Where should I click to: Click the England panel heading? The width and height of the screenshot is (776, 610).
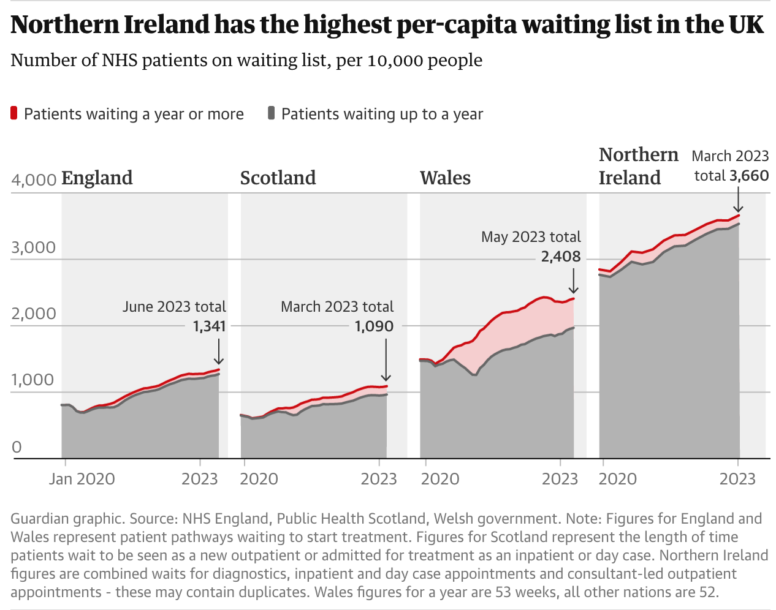97,178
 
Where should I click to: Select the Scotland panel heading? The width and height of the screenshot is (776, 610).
278,178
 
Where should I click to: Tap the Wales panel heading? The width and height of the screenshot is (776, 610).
445,178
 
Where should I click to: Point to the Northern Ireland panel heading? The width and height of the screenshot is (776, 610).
638,166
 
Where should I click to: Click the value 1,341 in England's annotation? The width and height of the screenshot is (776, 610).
209,326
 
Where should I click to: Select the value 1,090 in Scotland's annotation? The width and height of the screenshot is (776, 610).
374,326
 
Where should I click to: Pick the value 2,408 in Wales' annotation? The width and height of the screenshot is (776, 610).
560,257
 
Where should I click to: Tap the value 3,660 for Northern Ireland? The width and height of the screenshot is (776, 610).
749,176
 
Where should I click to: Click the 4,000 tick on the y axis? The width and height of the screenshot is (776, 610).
34,181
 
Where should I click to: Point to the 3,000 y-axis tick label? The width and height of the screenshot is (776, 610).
34,247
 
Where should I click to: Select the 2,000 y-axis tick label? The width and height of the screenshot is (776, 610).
34,314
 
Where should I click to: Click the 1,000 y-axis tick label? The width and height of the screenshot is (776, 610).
34,380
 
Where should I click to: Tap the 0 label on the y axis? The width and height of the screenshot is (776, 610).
17,447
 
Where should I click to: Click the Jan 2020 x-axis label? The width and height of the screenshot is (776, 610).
82,479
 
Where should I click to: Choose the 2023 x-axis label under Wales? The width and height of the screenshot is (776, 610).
560,479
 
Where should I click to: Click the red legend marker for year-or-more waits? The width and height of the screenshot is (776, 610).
14,113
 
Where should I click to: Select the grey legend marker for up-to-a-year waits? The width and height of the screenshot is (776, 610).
271,113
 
